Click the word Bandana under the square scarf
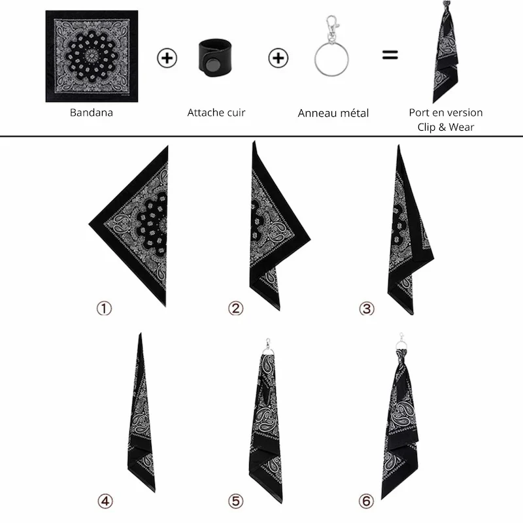coord(92,112)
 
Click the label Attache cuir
coord(216,112)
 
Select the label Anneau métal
coord(333,113)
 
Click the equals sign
coord(390,55)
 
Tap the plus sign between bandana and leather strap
coord(167,58)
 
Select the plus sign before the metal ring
coord(278,58)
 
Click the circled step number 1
coord(104,309)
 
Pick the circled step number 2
coord(235,309)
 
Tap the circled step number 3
coord(367,309)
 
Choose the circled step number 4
coord(105,501)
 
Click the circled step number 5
coord(235,501)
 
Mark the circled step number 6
coord(366,501)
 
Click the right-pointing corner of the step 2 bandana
coord(309,239)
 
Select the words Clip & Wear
coord(446,127)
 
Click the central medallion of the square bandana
coord(91,56)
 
